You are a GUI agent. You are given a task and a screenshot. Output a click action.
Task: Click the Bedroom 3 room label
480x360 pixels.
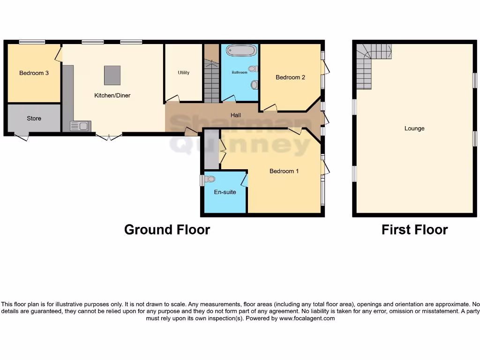[x=34, y=73]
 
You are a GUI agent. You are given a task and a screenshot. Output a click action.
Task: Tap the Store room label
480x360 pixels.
[x=34, y=119]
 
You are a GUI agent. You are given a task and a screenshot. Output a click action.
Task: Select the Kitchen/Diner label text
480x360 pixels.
[x=112, y=96]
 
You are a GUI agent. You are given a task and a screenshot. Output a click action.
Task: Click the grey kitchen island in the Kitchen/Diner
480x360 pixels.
[x=112, y=75]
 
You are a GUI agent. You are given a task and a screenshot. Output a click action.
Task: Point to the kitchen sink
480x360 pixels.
[x=80, y=126]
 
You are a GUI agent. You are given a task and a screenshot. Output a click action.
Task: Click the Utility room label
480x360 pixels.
[x=183, y=73]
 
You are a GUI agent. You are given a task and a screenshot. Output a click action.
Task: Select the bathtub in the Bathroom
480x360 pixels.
[x=242, y=51]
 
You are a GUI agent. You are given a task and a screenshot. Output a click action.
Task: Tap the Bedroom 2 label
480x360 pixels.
[x=290, y=77]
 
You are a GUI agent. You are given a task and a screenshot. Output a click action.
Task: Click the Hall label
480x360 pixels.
[x=236, y=115]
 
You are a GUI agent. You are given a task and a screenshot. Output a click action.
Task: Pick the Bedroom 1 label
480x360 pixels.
[x=284, y=171]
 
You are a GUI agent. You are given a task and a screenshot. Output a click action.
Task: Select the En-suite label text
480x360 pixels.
[x=225, y=192]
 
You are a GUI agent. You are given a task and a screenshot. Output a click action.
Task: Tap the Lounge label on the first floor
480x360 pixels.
[x=414, y=128]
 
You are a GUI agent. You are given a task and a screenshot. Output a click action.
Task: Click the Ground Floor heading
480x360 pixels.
[x=167, y=230]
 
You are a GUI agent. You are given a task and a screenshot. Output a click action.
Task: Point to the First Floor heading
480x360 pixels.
[x=414, y=230]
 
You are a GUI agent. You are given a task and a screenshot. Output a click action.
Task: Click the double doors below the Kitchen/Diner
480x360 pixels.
[x=109, y=137]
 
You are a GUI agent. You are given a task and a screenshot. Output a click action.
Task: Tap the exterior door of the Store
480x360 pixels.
[x=21, y=137]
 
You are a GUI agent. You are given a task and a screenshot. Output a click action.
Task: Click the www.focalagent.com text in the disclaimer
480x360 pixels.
[x=307, y=318]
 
